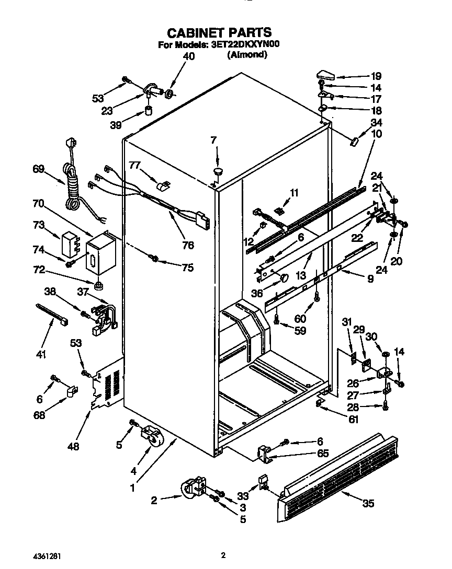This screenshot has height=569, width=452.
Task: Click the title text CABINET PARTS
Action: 219,33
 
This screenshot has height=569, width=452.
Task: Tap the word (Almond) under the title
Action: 247,54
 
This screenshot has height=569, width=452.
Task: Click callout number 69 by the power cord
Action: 38,168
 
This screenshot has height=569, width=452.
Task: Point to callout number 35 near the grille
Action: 369,504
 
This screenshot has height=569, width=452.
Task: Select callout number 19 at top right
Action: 376,76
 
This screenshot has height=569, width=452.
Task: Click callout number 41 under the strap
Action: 41,355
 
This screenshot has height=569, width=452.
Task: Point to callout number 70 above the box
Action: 38,203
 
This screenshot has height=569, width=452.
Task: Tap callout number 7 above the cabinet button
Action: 213,140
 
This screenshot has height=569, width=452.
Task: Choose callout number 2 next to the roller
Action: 154,501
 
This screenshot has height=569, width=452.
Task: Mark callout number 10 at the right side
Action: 376,134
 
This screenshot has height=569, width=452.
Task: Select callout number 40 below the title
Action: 188,56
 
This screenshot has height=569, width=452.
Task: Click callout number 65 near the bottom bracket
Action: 323,454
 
